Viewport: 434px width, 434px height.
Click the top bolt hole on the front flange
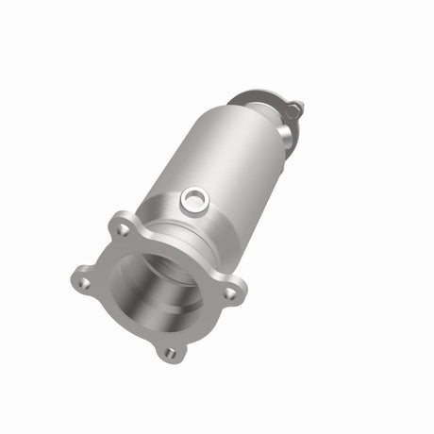pos(122,228)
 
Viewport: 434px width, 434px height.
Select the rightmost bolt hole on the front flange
pos(229,293)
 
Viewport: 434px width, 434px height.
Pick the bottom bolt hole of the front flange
pos(170,353)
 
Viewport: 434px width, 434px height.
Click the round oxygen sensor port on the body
pos(194,198)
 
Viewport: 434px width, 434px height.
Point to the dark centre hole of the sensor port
pos(194,198)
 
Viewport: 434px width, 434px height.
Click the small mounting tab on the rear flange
pos(294,108)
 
